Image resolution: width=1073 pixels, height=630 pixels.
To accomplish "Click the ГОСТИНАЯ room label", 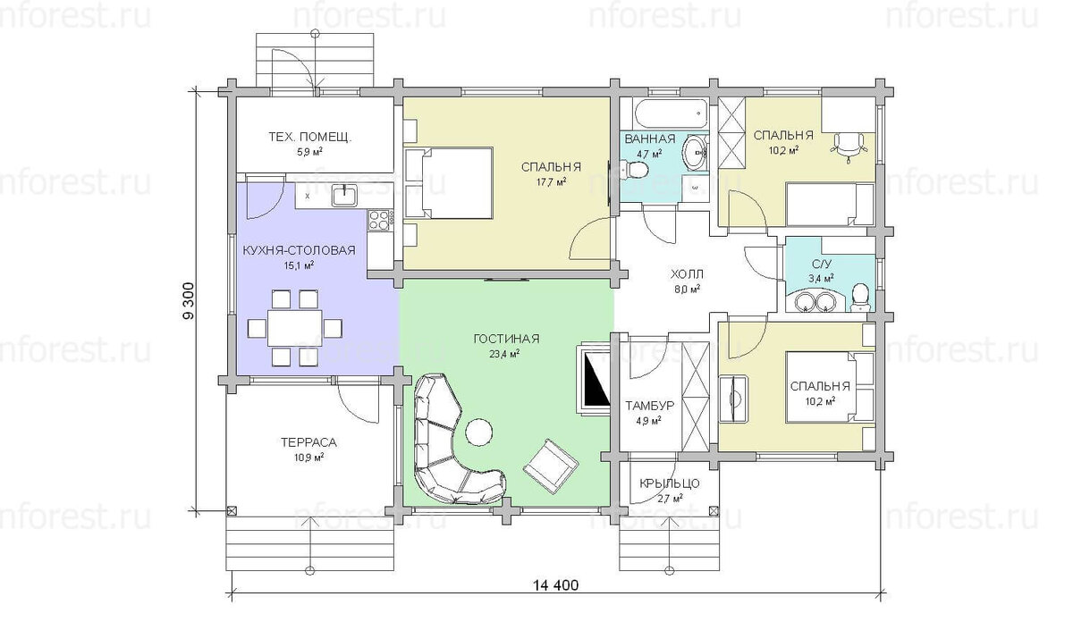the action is coord(506,339).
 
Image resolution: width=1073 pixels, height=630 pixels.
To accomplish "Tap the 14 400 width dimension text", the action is coord(555,586).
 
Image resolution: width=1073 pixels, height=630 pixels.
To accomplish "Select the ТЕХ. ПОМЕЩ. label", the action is coord(309,138).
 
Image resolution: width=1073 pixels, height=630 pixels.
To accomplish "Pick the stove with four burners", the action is coord(379,218).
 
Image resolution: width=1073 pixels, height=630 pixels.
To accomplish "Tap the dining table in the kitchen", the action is coord(294,327).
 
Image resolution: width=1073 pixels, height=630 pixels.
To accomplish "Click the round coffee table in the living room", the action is coord(478,433).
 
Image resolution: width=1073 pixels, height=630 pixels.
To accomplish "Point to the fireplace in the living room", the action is coord(593,376).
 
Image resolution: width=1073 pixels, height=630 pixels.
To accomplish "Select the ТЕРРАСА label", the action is coord(308,441).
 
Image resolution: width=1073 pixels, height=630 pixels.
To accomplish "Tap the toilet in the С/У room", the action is coord(860,296).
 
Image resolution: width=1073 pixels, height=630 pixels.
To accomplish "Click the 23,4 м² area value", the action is coord(506,354).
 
